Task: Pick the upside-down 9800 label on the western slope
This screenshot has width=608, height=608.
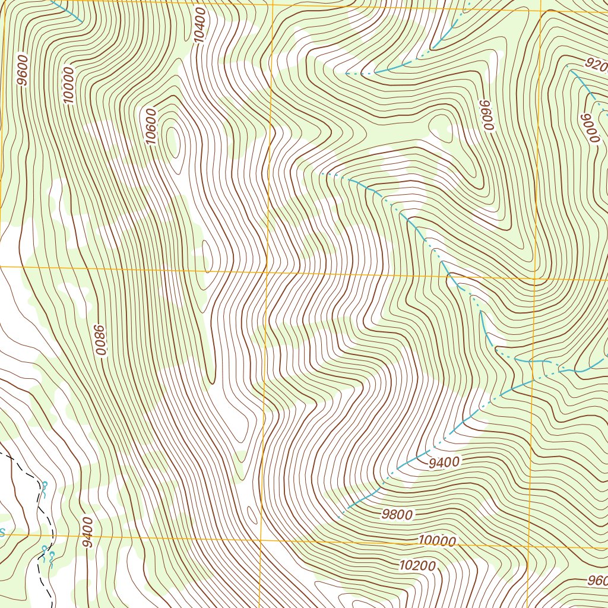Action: (x=100, y=341)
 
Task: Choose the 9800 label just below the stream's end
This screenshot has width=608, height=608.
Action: (x=397, y=515)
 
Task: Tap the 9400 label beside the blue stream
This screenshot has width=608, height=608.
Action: (x=444, y=461)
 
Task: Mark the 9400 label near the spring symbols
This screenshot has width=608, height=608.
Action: (x=88, y=533)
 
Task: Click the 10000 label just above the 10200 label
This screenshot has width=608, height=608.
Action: (x=436, y=541)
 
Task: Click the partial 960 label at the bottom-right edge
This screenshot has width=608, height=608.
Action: (x=597, y=581)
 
